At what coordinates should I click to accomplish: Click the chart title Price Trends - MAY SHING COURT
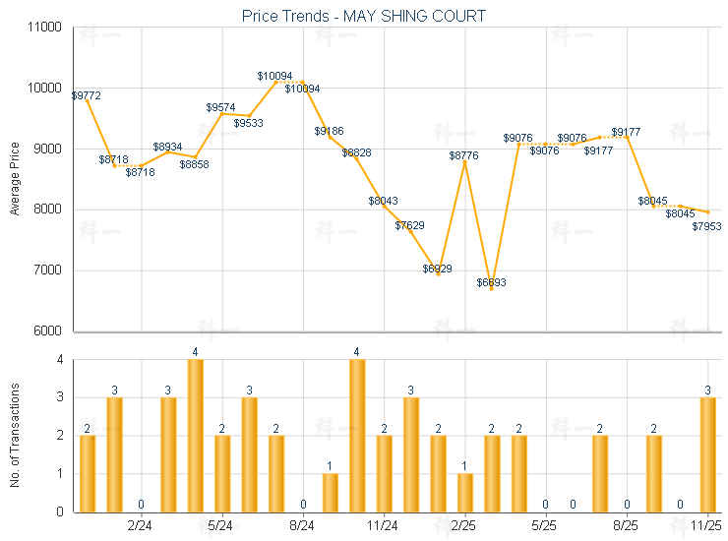[x=363, y=16]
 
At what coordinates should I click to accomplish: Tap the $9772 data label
[x=87, y=95]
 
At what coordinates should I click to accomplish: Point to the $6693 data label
[x=492, y=282]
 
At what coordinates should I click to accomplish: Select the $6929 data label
[x=438, y=269]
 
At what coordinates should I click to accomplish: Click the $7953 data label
[x=707, y=226]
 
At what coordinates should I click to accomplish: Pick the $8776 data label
[x=464, y=155]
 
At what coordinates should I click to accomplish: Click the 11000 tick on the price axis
[x=45, y=28]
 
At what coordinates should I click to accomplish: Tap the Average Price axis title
[x=14, y=179]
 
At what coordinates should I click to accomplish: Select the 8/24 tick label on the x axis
[x=303, y=527]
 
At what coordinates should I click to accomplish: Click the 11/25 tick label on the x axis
[x=707, y=527]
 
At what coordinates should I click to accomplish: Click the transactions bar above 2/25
[x=465, y=492]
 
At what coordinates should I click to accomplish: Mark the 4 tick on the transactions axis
[x=60, y=360]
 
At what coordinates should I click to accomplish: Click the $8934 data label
[x=167, y=147]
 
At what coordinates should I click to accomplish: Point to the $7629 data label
[x=410, y=225]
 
